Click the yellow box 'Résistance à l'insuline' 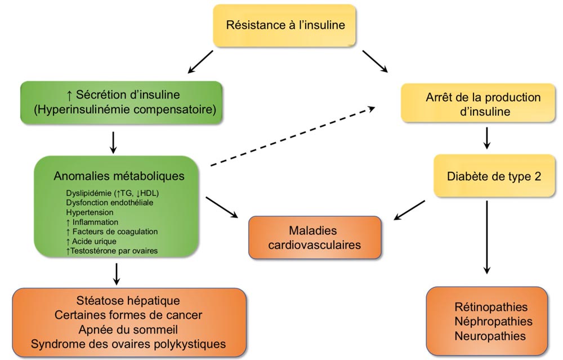[x=284, y=25]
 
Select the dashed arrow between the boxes [x=293, y=136]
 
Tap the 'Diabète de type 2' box [x=494, y=176]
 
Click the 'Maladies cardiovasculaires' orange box [x=315, y=238]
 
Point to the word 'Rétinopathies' [x=491, y=307]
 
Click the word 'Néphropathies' [x=493, y=321]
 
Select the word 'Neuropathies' [x=490, y=336]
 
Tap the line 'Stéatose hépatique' [x=128, y=300]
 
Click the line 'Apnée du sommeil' [x=128, y=330]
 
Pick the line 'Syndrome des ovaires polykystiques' [x=128, y=344]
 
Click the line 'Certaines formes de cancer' [x=128, y=315]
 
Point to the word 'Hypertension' [x=90, y=212]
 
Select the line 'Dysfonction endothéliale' [x=110, y=203]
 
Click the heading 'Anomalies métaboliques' [x=119, y=176]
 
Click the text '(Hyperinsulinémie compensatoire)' [x=125, y=110]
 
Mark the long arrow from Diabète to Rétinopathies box [x=487, y=238]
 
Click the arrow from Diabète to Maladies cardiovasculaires [x=409, y=210]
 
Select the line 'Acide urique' [x=91, y=241]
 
